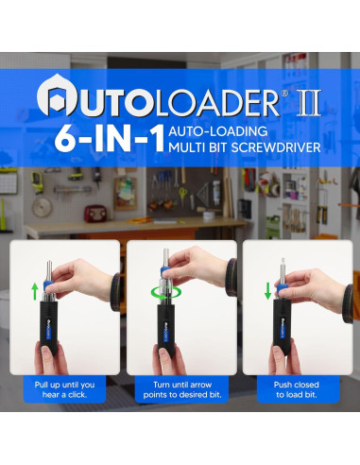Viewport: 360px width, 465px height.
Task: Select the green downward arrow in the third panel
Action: [x=267, y=289]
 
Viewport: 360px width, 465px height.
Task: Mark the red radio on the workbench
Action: [x=94, y=213]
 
